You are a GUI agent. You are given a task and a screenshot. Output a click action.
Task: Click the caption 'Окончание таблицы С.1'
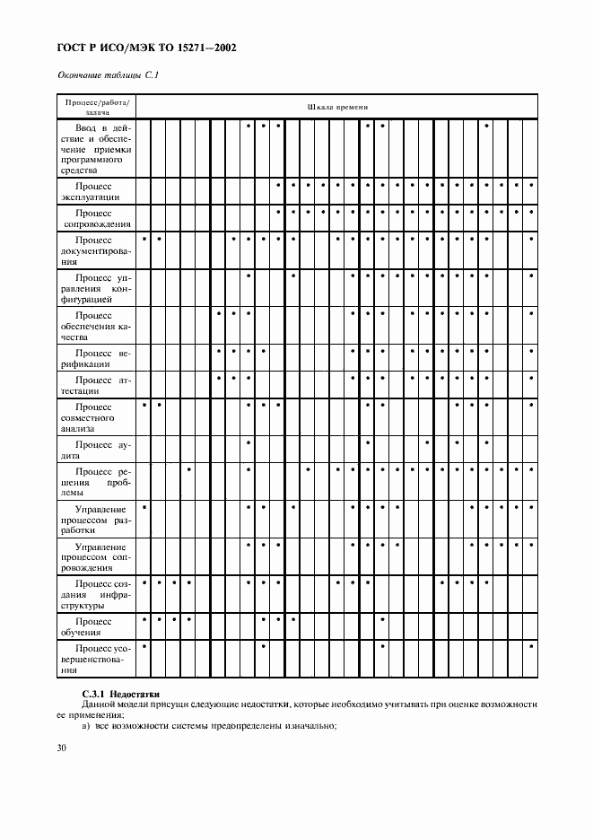click(108, 75)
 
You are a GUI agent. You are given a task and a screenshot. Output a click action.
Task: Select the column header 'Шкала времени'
click(337, 107)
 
